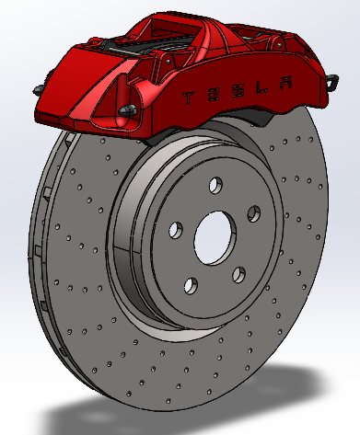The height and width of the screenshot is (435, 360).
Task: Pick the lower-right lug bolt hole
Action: (x=238, y=274)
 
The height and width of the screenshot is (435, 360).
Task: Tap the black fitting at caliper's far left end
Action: (x=36, y=88)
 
